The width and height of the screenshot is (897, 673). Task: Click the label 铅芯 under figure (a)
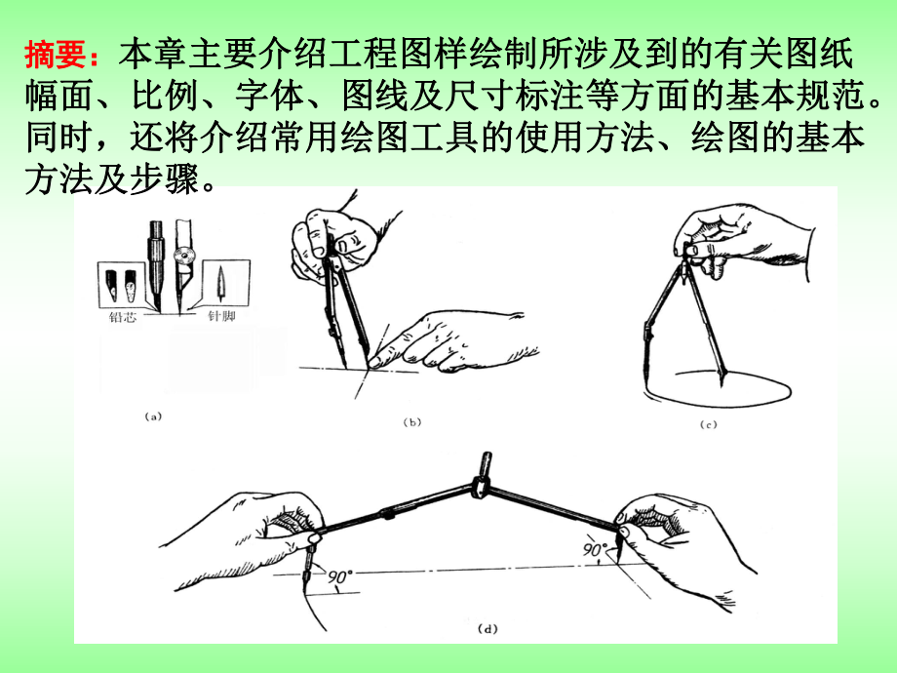tap(126, 317)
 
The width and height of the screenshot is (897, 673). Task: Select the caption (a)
tap(152, 416)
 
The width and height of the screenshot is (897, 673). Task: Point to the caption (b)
tap(411, 421)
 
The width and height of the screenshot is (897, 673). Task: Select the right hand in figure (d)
tap(673, 536)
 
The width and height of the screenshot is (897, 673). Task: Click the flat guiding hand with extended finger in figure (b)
tap(458, 341)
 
